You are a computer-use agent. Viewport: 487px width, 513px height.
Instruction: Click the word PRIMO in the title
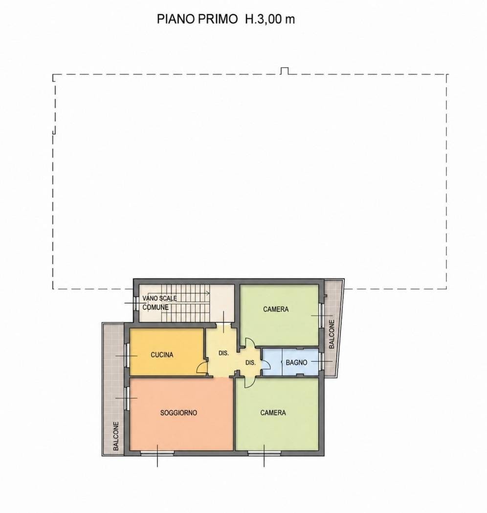point(218,19)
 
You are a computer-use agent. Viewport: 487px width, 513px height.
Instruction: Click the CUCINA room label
point(162,355)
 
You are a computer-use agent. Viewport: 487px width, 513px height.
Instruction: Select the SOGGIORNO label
point(178,413)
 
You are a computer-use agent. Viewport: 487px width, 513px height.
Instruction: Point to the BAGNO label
point(296,363)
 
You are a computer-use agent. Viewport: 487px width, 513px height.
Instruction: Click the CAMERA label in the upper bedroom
point(276,309)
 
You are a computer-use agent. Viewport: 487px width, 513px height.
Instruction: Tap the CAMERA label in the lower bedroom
point(273,413)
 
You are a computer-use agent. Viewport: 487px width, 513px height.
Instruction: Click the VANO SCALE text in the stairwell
point(159,299)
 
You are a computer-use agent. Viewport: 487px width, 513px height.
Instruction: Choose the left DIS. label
point(223,353)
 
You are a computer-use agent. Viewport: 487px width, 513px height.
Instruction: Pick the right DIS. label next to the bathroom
point(250,363)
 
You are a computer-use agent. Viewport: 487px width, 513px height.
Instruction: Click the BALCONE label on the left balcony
point(116,436)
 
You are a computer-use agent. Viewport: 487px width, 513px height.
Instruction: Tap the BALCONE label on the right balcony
point(332,334)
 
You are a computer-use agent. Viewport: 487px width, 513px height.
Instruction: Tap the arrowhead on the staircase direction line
point(208,293)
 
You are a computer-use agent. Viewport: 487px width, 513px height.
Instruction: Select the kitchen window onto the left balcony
point(127,355)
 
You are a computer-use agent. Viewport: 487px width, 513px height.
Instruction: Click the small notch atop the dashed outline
point(284,71)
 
